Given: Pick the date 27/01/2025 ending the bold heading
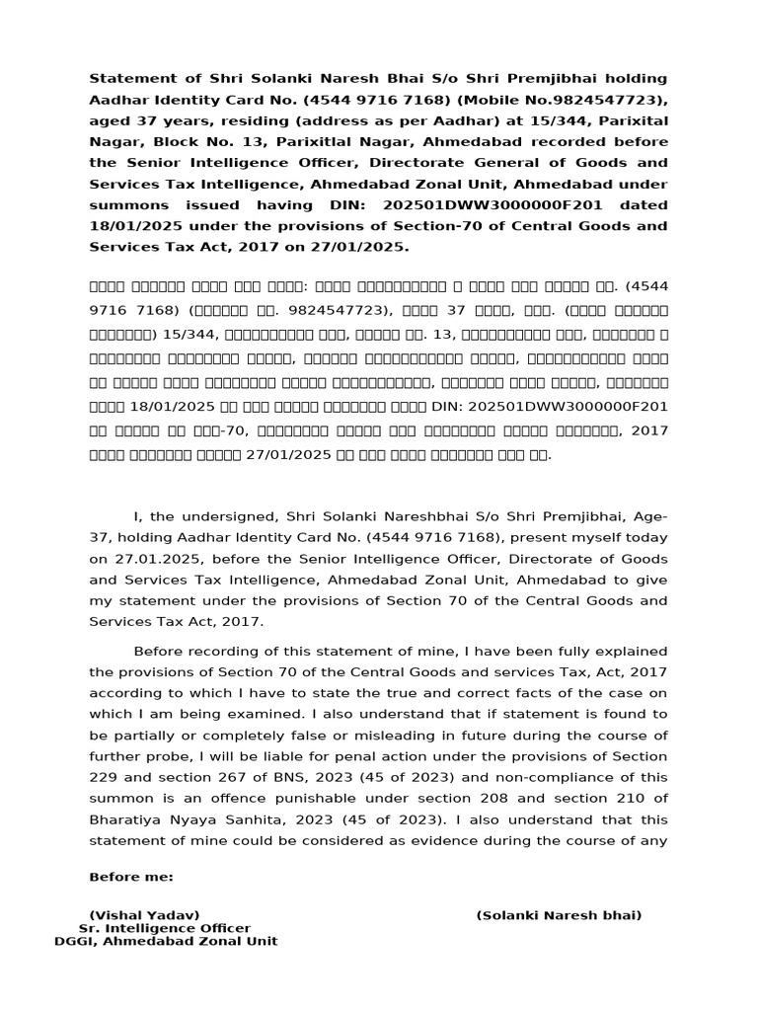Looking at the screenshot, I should click(x=357, y=248).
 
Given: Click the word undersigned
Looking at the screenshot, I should click(x=219, y=516).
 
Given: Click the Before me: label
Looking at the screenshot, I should click(x=130, y=877).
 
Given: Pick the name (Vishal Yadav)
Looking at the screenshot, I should click(x=144, y=915).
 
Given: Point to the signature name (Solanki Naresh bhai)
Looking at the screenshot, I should click(x=559, y=915).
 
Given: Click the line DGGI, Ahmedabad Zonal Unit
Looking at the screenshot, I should click(x=166, y=942).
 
